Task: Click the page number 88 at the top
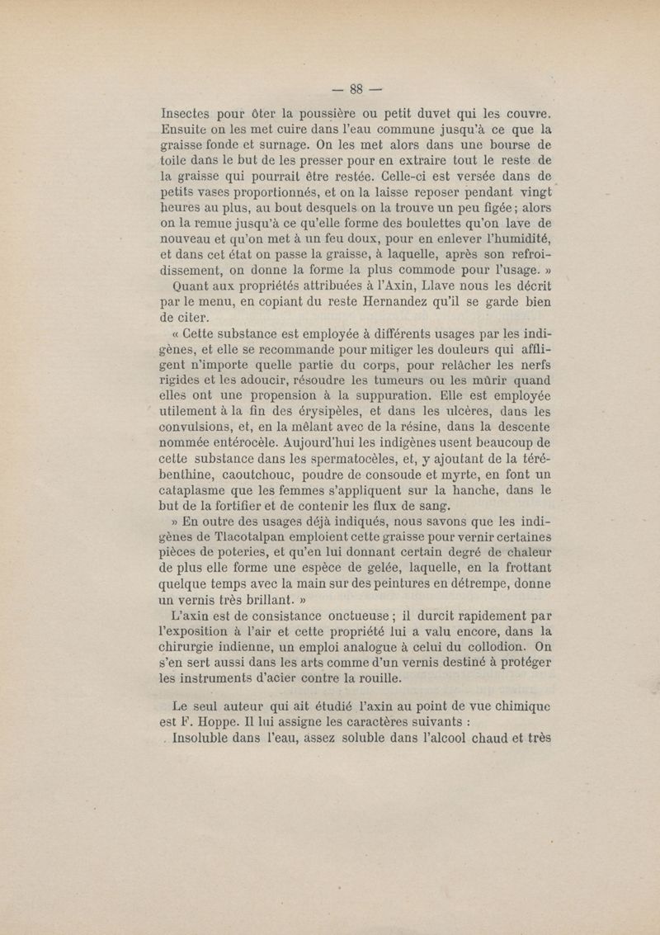pos(357,89)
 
